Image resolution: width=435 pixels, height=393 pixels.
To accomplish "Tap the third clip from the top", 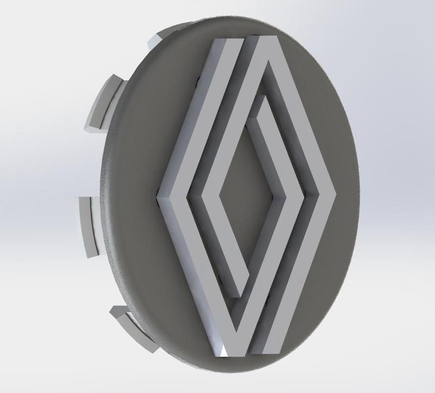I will point(87,223).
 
